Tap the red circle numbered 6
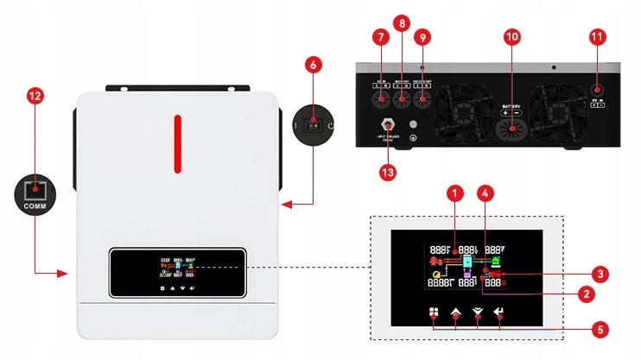point(314,65)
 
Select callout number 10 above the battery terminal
point(511,37)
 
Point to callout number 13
point(390,172)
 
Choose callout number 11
point(597,37)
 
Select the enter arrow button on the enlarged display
point(498,315)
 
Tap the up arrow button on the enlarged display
point(455,315)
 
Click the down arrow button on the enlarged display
point(477,315)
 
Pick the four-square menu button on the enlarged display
point(434,315)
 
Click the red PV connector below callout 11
point(597,90)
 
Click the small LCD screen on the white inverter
point(178,270)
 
